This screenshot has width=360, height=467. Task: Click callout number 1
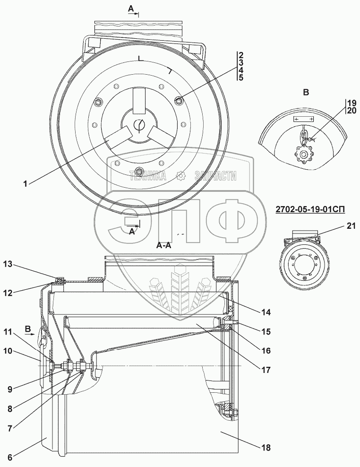click(26, 184)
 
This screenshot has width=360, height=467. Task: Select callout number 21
click(351, 226)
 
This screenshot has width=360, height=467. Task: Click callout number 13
click(8, 264)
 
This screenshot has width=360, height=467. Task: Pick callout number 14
click(266, 312)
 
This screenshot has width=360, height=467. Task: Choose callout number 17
click(266, 370)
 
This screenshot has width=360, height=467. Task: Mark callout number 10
click(8, 351)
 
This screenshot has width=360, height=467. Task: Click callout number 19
click(351, 103)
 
